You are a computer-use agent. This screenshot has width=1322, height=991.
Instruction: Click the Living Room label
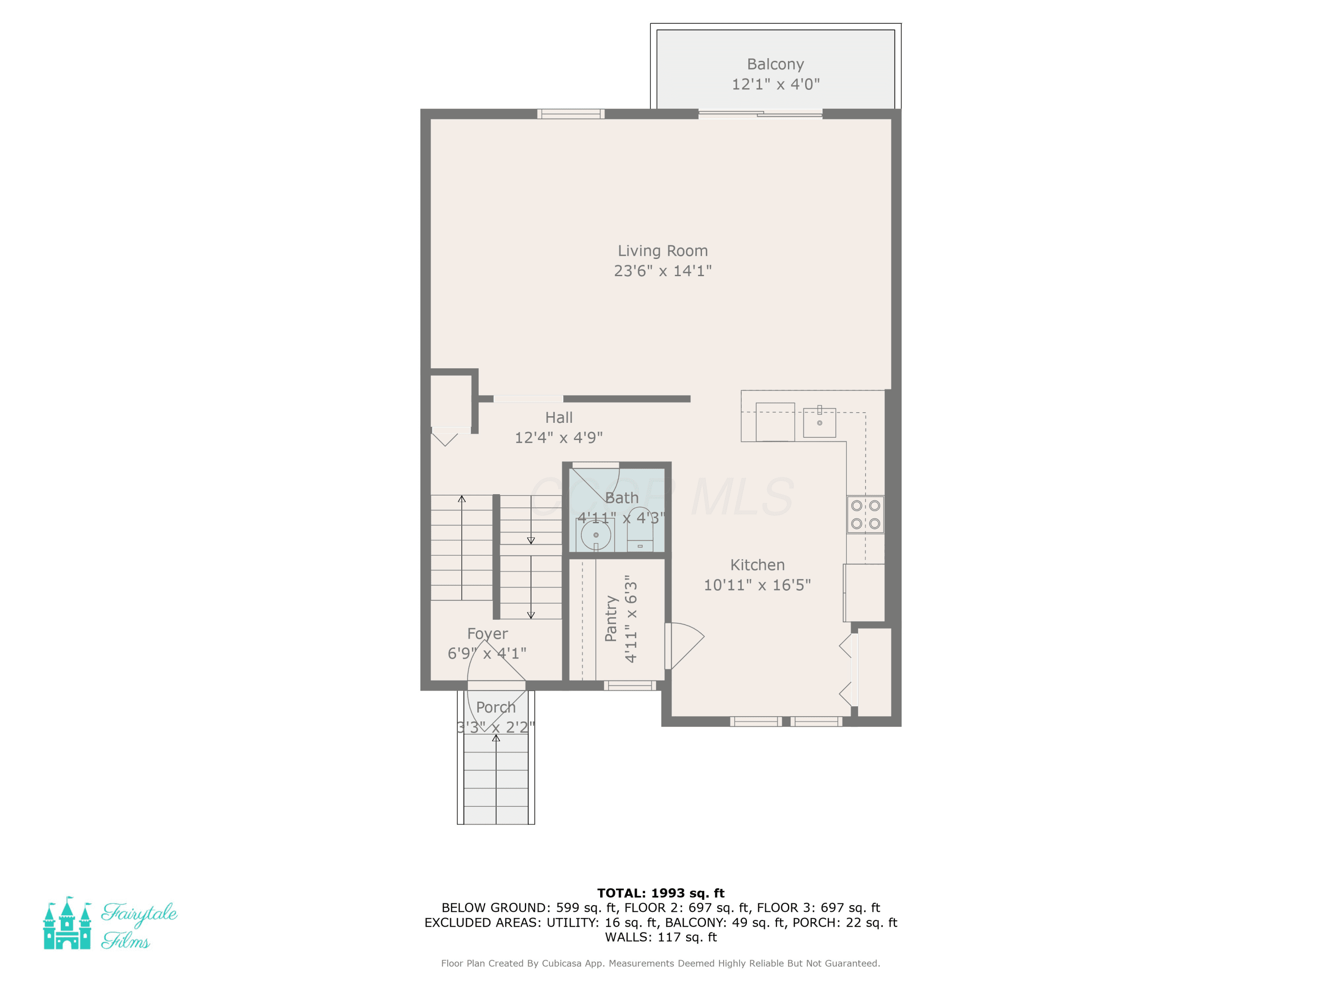pyautogui.click(x=662, y=251)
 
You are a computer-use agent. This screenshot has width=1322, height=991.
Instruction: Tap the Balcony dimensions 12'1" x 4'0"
pyautogui.click(x=776, y=84)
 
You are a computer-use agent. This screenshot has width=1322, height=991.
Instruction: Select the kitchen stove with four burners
pyautogui.click(x=865, y=514)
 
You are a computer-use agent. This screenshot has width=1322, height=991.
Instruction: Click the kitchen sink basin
pyautogui.click(x=819, y=422)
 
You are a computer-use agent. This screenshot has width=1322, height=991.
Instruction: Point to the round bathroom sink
pyautogui.click(x=596, y=535)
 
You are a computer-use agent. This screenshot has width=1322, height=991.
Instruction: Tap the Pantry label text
pyautogui.click(x=611, y=618)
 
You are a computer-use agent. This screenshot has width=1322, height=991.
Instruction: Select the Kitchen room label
pyautogui.click(x=757, y=565)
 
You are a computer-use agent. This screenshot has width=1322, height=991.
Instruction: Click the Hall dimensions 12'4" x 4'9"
pyautogui.click(x=559, y=438)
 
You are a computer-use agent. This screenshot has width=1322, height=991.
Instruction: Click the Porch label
pyautogui.click(x=495, y=707)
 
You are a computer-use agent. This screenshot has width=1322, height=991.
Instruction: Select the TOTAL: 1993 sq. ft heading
pyautogui.click(x=661, y=893)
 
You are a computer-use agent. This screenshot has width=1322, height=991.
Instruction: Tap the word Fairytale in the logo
pyautogui.click(x=139, y=913)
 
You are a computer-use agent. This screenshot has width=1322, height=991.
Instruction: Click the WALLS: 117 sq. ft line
pyautogui.click(x=661, y=937)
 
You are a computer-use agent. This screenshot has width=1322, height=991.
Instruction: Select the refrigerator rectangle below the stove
pyautogui.click(x=864, y=592)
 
